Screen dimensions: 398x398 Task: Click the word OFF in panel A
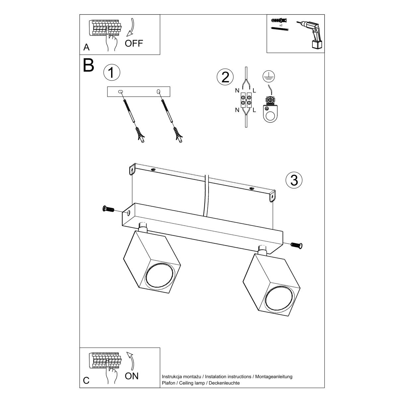(x=134, y=43)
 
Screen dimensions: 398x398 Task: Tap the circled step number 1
(x=111, y=73)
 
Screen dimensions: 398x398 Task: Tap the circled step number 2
(x=225, y=77)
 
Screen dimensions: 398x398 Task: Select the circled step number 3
(x=294, y=180)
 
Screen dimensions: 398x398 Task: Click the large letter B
(x=89, y=66)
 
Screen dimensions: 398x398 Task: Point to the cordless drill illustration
(x=311, y=33)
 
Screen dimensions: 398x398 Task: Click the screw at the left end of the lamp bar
(x=108, y=209)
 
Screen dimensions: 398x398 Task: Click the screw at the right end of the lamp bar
(x=297, y=245)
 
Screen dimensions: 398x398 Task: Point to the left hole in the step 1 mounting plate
(x=120, y=92)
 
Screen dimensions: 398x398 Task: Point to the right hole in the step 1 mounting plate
(x=159, y=91)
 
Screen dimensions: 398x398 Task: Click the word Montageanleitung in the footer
(x=273, y=376)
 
